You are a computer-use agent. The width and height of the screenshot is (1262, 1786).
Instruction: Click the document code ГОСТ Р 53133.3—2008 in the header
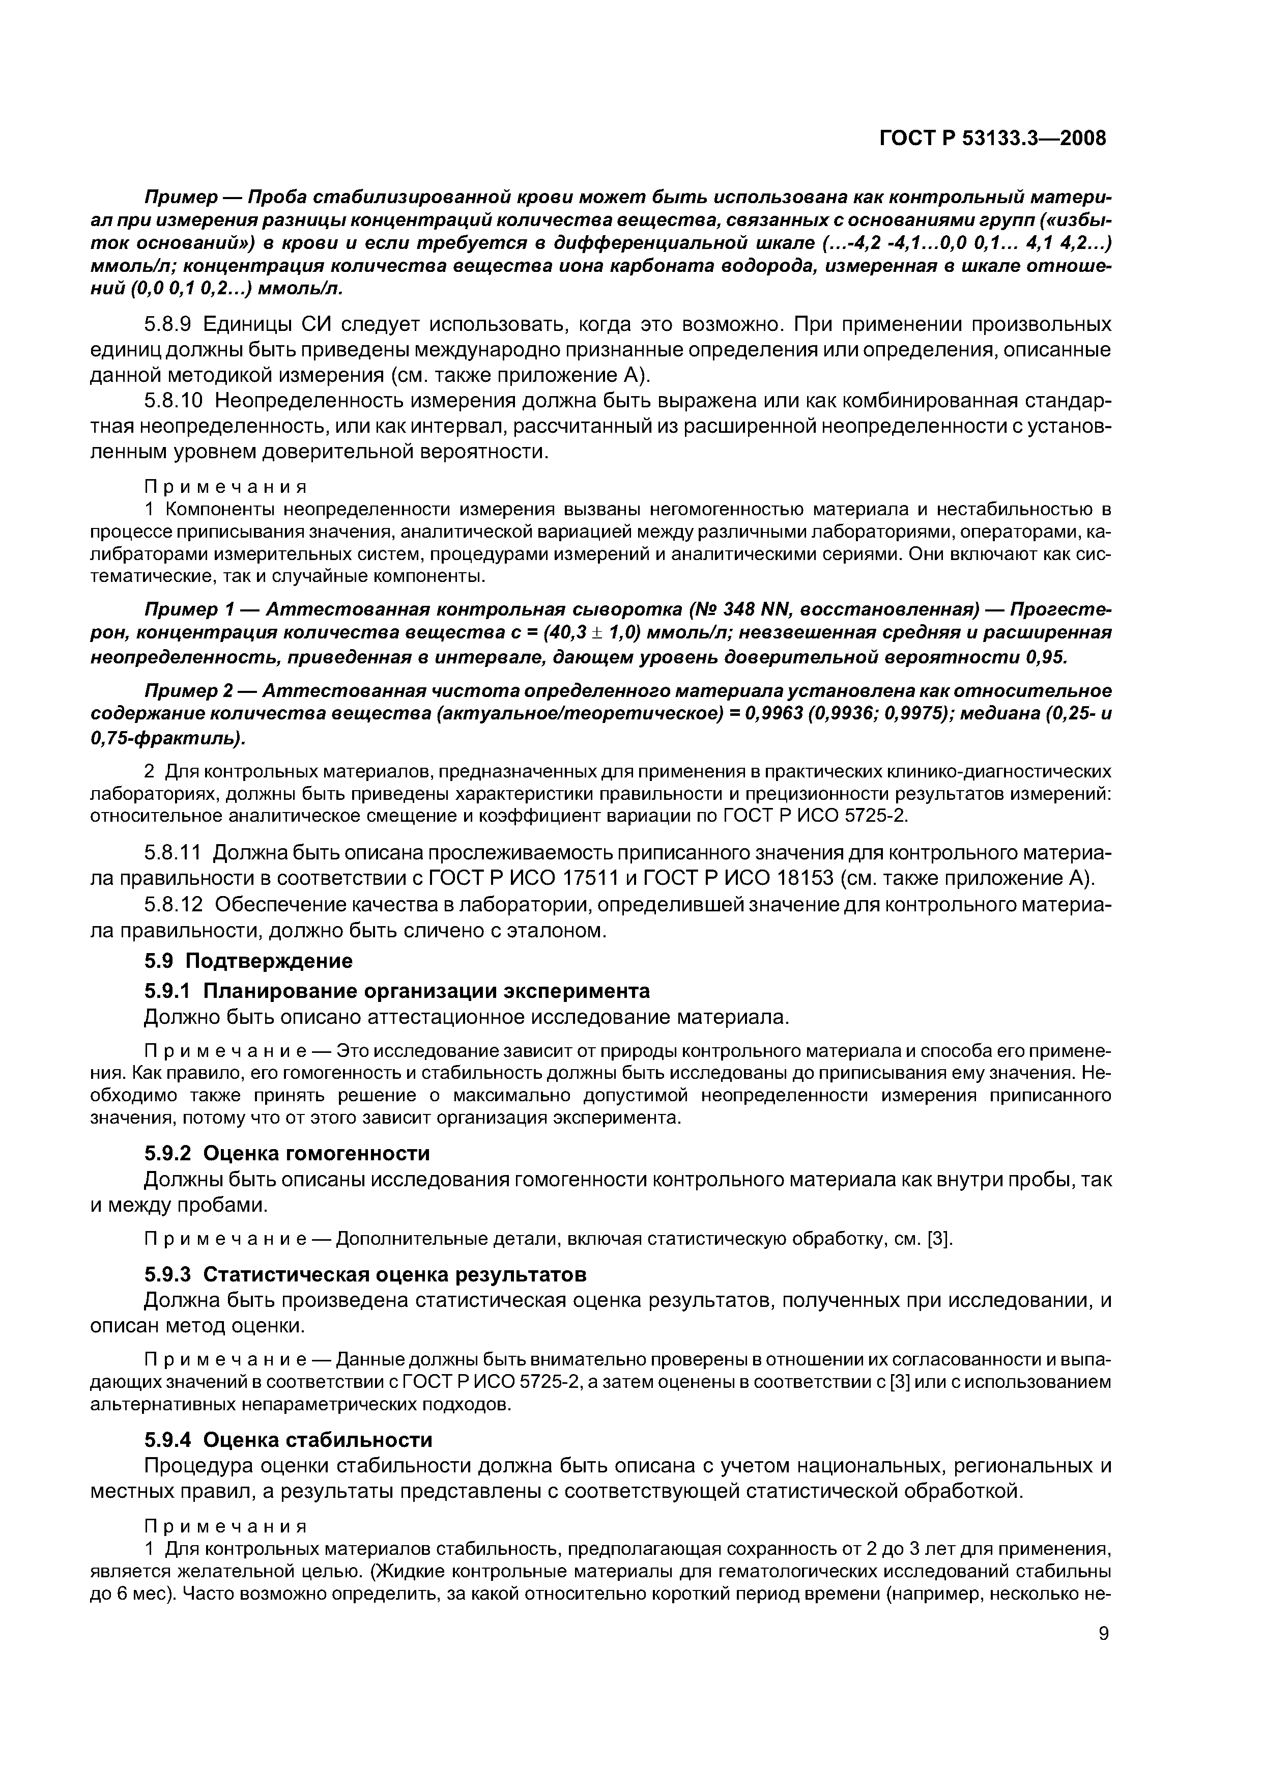991,138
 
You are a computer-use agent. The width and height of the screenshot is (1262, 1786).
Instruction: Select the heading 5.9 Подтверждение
248,961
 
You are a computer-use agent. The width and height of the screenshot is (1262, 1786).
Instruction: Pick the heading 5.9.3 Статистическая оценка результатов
365,1274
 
